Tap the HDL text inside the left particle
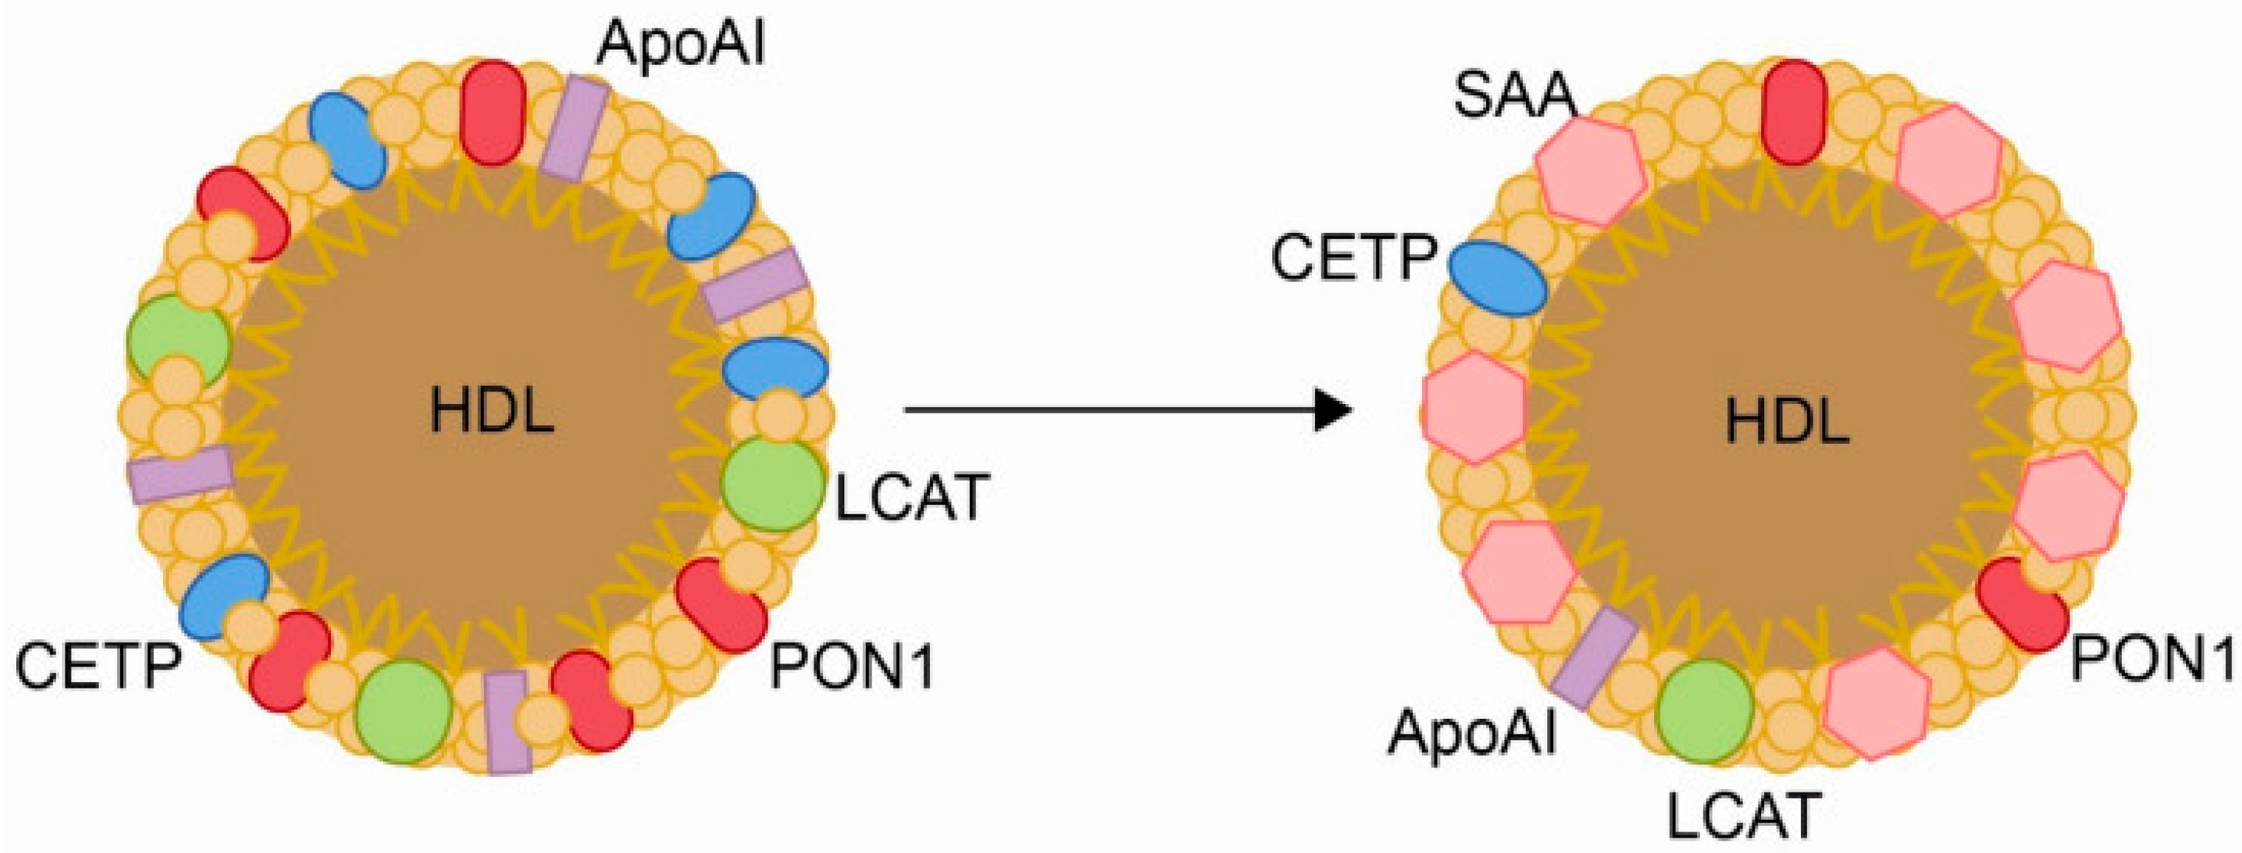(493, 410)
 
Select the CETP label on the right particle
(1353, 259)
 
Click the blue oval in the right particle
(1498, 278)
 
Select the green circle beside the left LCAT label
(771, 485)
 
